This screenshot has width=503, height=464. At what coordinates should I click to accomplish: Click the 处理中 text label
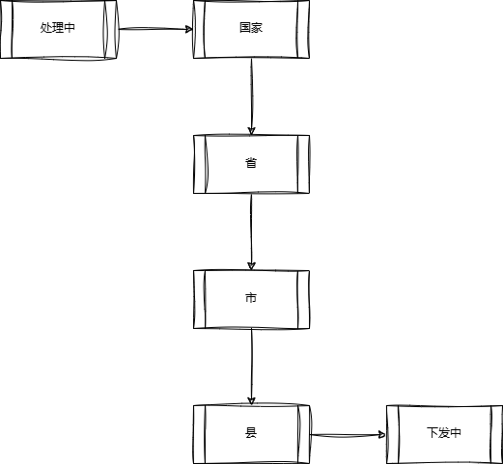[58, 28]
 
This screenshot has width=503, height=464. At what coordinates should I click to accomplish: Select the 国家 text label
[251, 28]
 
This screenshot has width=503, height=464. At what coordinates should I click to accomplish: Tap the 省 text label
[251, 163]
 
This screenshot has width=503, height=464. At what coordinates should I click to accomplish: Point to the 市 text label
[251, 298]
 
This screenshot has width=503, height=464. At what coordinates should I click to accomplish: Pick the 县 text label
[251, 433]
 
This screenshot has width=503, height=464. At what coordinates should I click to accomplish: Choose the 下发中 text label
[444, 433]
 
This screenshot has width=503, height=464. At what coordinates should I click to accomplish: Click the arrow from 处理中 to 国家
[155, 29]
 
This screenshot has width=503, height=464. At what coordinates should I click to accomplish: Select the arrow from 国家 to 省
[252, 96]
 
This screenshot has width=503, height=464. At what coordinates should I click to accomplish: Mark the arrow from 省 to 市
[251, 232]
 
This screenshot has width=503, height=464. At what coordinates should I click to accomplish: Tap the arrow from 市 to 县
[252, 367]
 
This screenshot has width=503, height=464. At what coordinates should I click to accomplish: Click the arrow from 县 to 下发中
[348, 435]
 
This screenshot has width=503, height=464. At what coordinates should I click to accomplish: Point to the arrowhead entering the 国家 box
[189, 29]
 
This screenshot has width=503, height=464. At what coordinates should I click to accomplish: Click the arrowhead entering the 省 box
[252, 131]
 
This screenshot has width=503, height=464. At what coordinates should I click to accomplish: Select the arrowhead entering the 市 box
[251, 266]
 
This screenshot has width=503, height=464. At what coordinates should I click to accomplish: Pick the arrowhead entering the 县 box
[251, 401]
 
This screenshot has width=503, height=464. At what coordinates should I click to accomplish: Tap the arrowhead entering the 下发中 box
[382, 435]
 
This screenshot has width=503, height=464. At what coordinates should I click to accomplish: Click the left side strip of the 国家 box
[199, 29]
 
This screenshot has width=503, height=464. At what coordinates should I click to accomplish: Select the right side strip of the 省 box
[303, 164]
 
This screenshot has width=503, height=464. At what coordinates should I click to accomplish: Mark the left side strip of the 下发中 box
[393, 434]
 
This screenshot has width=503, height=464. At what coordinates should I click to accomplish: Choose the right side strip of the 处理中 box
[111, 29]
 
